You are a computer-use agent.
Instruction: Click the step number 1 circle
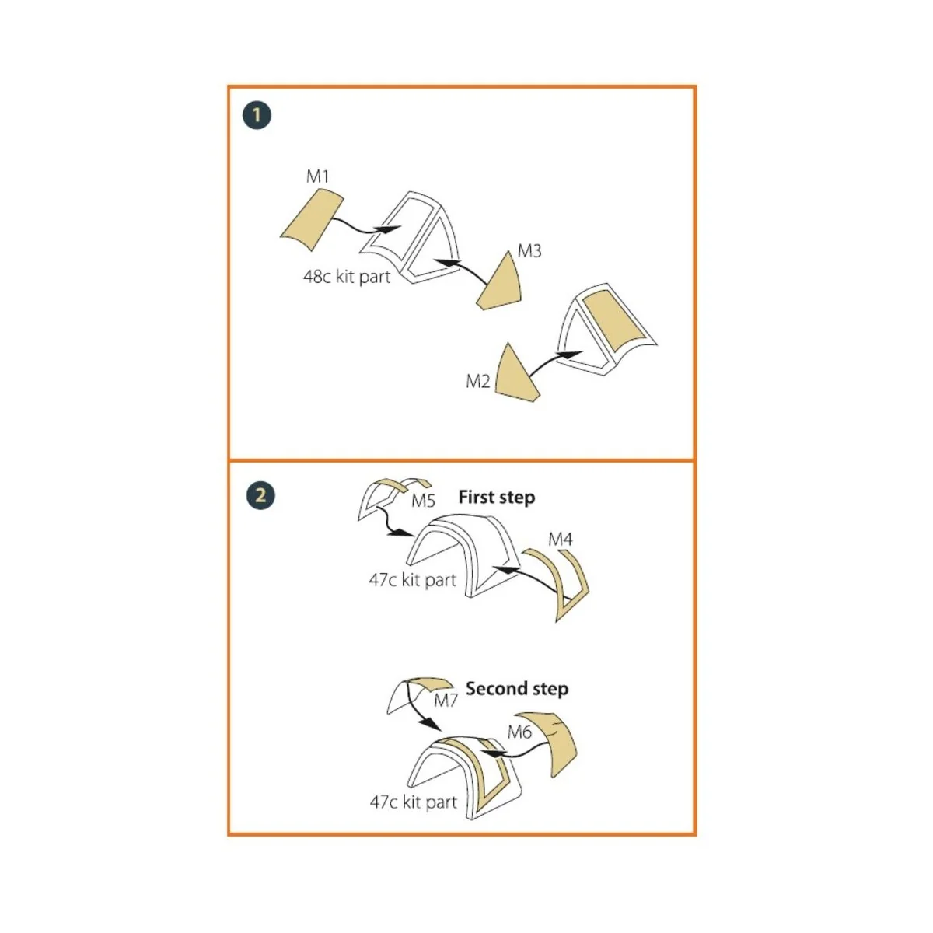click(257, 116)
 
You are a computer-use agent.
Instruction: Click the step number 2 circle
click(260, 495)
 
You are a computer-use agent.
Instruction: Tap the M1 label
click(318, 176)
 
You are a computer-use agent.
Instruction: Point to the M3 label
click(529, 251)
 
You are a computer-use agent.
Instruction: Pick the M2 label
click(478, 381)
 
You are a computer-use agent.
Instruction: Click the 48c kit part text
click(347, 276)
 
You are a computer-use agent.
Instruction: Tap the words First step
click(496, 497)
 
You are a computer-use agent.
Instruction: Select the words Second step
click(516, 688)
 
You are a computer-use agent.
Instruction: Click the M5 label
click(423, 501)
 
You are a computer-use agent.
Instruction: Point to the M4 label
click(561, 539)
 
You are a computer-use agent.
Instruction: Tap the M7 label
click(446, 701)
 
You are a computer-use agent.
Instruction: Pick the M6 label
click(519, 732)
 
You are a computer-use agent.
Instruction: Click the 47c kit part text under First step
click(412, 579)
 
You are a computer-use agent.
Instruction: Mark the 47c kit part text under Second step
click(413, 802)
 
